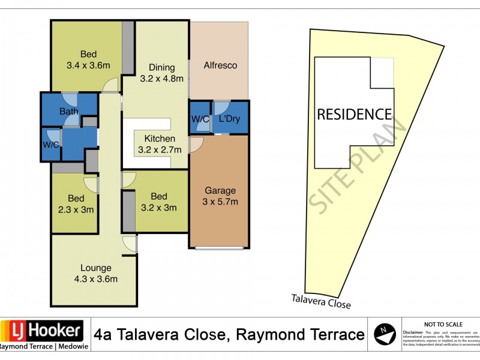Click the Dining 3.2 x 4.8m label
pyautogui.click(x=161, y=73)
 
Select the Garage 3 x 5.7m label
pyautogui.click(x=220, y=196)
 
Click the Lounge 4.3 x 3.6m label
pyautogui.click(x=95, y=273)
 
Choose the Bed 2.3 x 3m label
pyautogui.click(x=75, y=204)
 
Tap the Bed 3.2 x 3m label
pyautogui.click(x=158, y=202)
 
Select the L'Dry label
pyautogui.click(x=229, y=119)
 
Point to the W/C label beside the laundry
pyautogui.click(x=200, y=119)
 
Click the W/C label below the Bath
pyautogui.click(x=50, y=145)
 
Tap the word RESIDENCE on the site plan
pyautogui.click(x=354, y=114)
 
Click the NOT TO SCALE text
pyautogui.click(x=442, y=323)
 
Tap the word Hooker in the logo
pyautogui.click(x=54, y=330)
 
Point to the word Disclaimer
pyautogui.click(x=413, y=332)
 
